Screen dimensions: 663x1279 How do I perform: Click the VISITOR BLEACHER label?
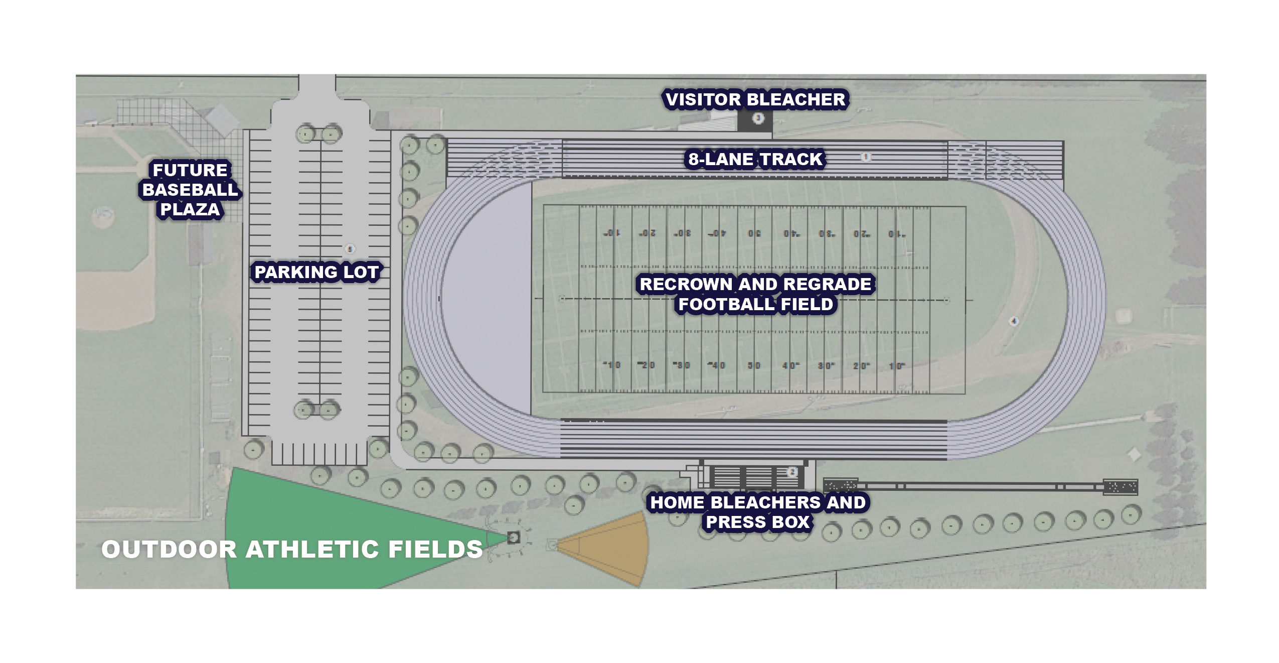click(755, 99)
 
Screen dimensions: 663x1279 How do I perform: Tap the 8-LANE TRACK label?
click(755, 159)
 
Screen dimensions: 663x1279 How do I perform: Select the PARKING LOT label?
click(316, 272)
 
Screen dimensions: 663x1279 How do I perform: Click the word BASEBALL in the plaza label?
click(190, 190)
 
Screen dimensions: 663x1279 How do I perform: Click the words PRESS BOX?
click(757, 522)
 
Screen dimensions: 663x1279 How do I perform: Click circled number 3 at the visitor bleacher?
click(758, 118)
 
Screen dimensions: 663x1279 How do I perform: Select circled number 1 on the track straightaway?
click(865, 157)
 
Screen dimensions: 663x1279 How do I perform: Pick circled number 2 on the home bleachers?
click(792, 472)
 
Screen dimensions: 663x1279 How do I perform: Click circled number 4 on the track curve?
click(1013, 321)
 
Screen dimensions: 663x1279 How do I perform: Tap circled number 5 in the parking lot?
click(350, 249)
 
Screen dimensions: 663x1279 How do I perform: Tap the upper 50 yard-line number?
click(754, 234)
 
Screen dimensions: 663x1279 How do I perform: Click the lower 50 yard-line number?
click(754, 365)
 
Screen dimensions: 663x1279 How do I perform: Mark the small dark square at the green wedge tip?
click(513, 538)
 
